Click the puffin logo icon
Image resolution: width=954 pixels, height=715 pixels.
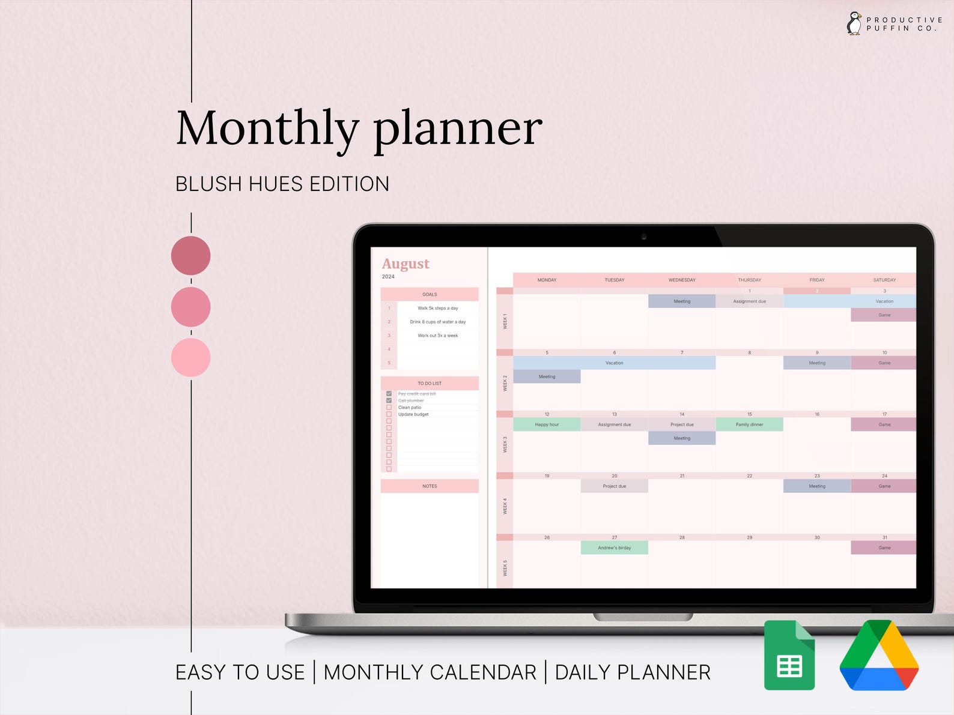point(854,24)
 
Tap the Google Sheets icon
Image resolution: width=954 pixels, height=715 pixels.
point(789,655)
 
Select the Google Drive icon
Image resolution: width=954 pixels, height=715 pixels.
point(879,655)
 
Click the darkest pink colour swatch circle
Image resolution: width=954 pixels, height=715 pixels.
point(190,256)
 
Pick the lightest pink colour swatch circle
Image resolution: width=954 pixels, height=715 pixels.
point(190,358)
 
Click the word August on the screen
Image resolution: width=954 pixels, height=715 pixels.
point(406,264)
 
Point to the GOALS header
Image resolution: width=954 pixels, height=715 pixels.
point(430,294)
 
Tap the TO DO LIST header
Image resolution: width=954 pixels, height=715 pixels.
point(430,383)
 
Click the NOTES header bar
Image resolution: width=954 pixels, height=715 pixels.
point(430,486)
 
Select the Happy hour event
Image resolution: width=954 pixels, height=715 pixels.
point(547,424)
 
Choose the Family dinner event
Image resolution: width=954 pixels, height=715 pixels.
point(749,424)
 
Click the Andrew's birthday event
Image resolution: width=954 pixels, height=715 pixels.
point(614,548)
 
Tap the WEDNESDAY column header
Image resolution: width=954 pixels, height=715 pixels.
point(682,280)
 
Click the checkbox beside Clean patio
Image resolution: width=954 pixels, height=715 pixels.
point(389,408)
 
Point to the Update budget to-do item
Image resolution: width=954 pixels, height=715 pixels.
point(413,414)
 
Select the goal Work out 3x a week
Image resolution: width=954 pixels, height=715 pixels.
point(437,336)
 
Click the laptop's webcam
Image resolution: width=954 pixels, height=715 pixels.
point(643,237)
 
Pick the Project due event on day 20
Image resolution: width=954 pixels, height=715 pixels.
point(614,486)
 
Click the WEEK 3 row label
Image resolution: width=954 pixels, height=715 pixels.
point(505,444)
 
